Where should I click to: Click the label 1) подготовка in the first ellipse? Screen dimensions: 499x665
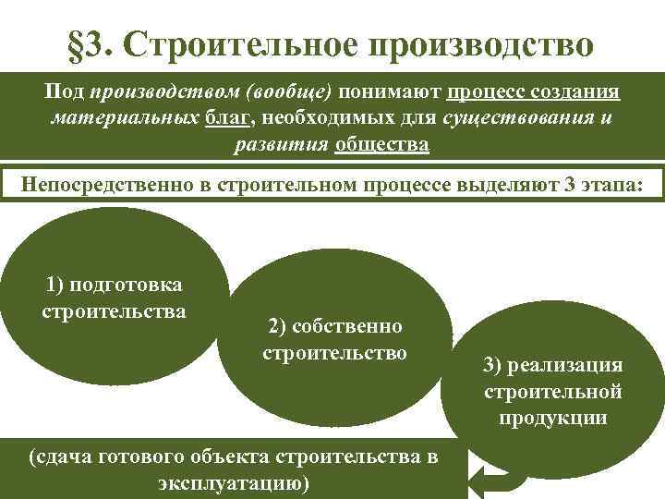[114, 285]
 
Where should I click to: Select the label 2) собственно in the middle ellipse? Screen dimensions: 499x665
[334, 326]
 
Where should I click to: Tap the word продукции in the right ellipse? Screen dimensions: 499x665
[553, 417]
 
